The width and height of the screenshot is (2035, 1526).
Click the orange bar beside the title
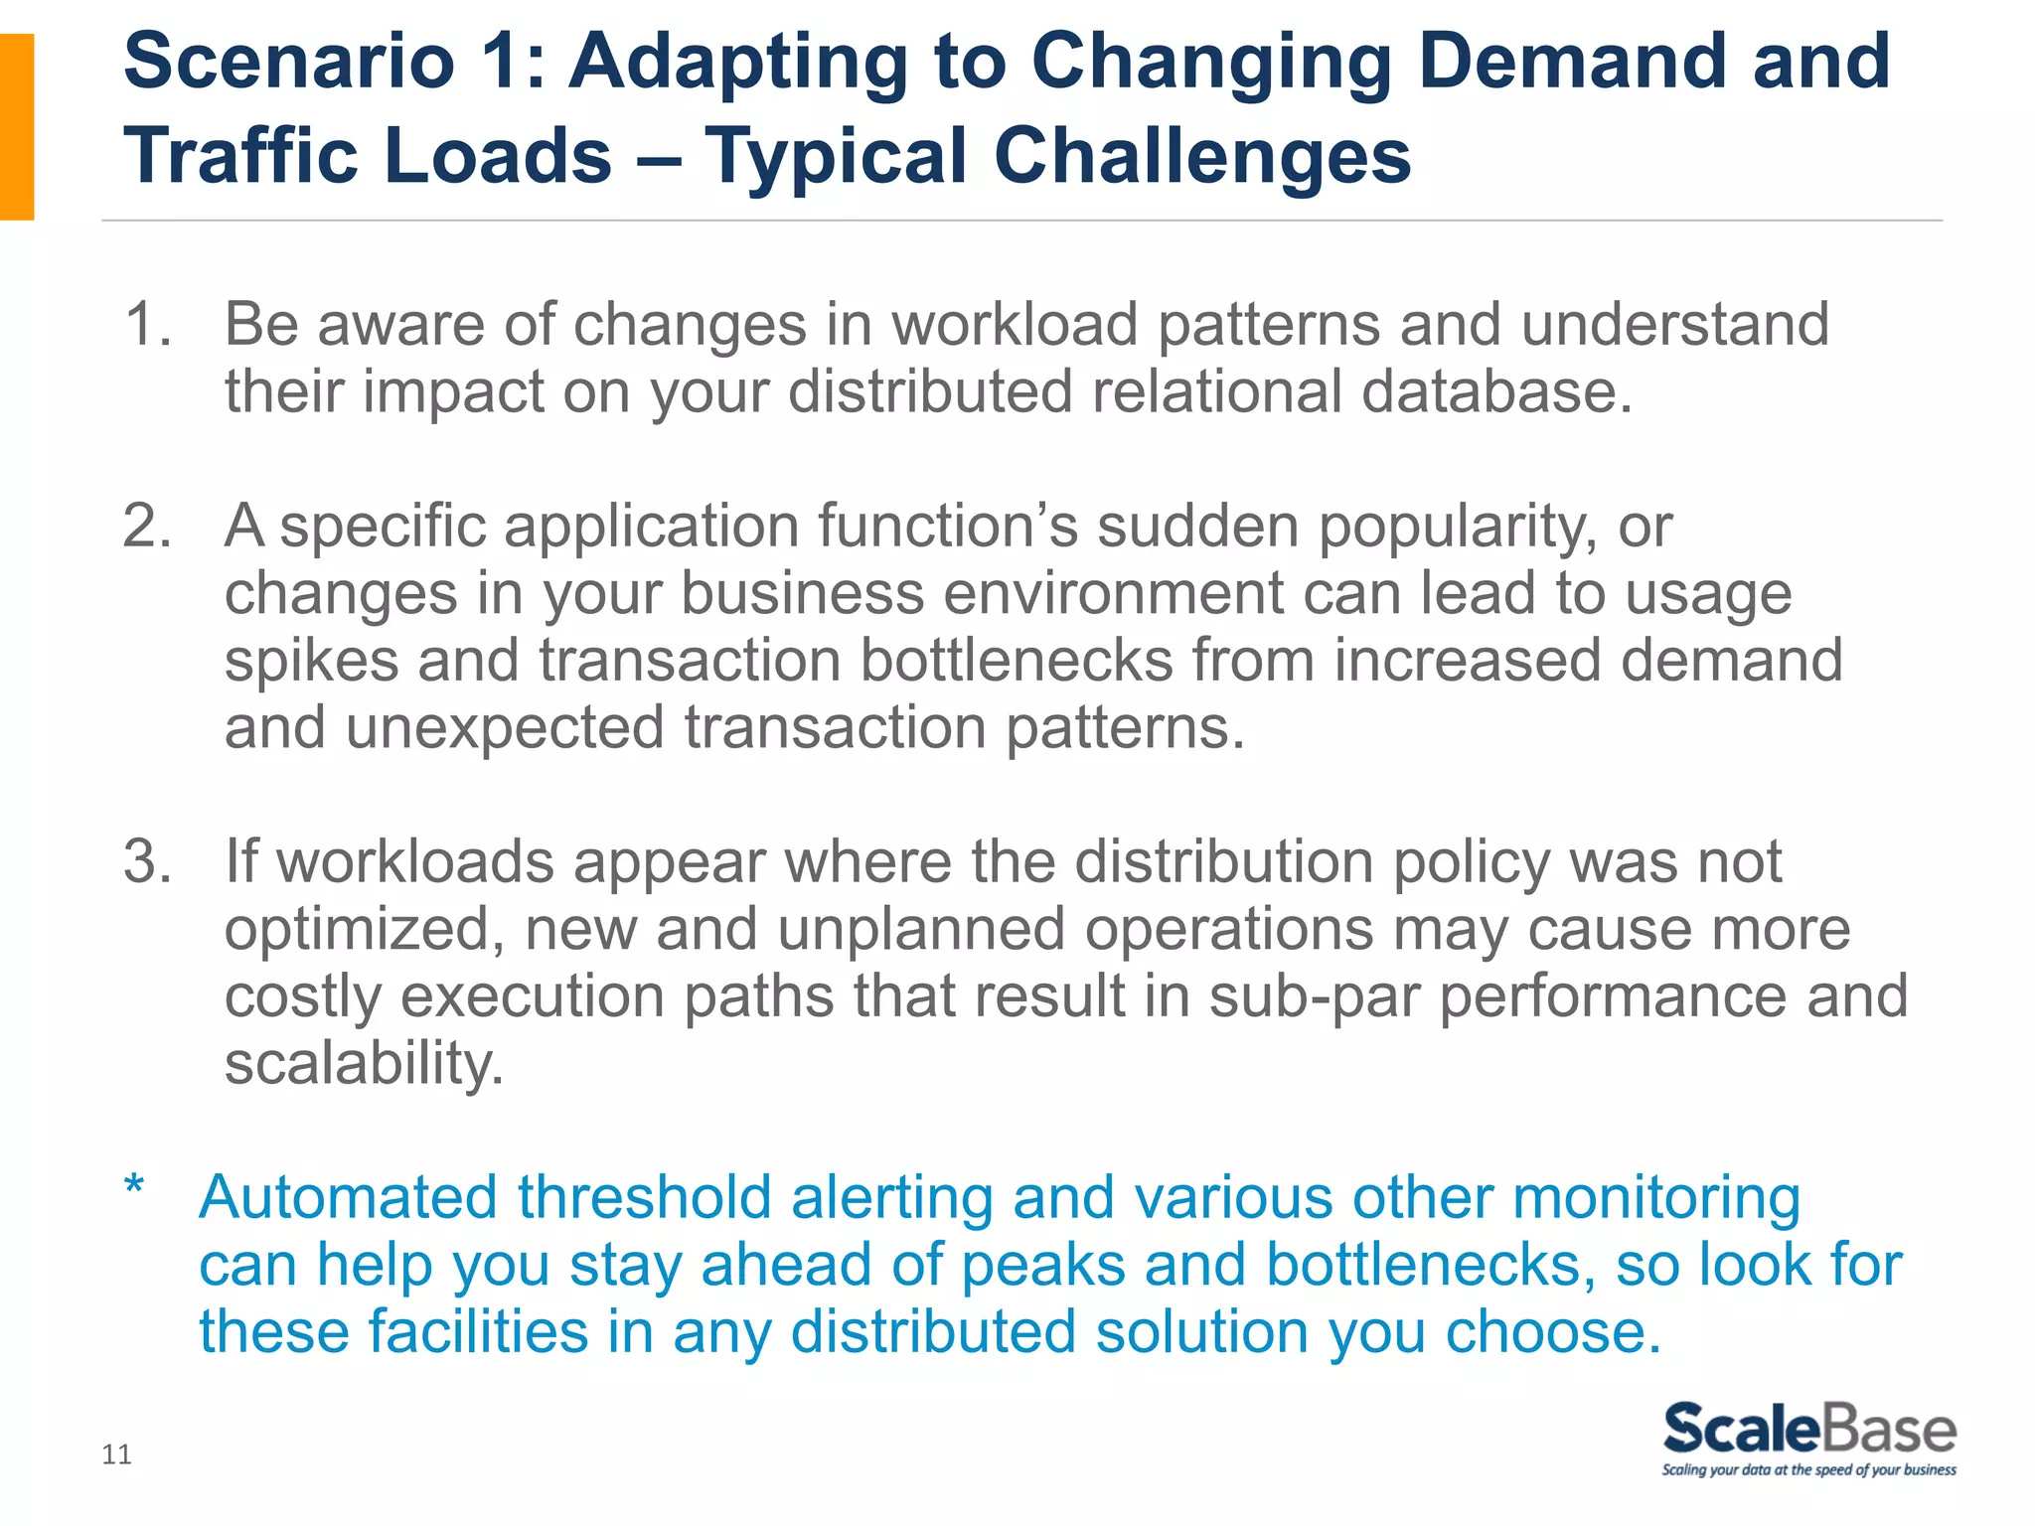[x=17, y=126]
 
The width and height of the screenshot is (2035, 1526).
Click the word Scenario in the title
[x=289, y=62]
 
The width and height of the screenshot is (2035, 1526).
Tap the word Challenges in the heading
[x=1201, y=156]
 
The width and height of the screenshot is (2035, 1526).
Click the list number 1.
[x=146, y=325]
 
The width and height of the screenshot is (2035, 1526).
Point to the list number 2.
[x=146, y=526]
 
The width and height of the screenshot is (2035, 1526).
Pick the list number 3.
[x=146, y=861]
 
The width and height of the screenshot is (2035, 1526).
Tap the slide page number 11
[x=116, y=1454]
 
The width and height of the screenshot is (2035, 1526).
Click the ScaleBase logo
[x=1808, y=1429]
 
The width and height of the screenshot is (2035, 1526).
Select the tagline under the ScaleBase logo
[x=1808, y=1470]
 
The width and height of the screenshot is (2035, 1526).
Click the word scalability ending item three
[x=364, y=1064]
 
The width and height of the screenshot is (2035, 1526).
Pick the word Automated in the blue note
[x=349, y=1197]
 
